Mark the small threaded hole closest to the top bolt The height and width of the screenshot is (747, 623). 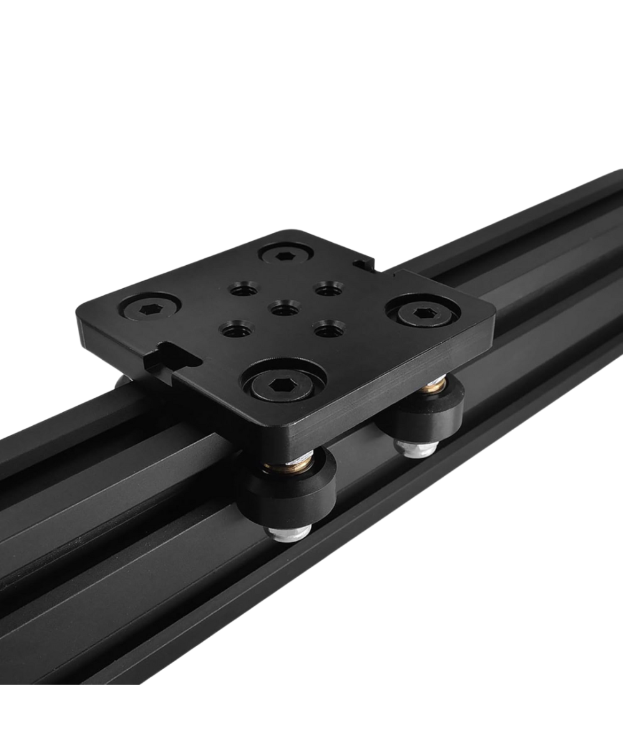243,288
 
